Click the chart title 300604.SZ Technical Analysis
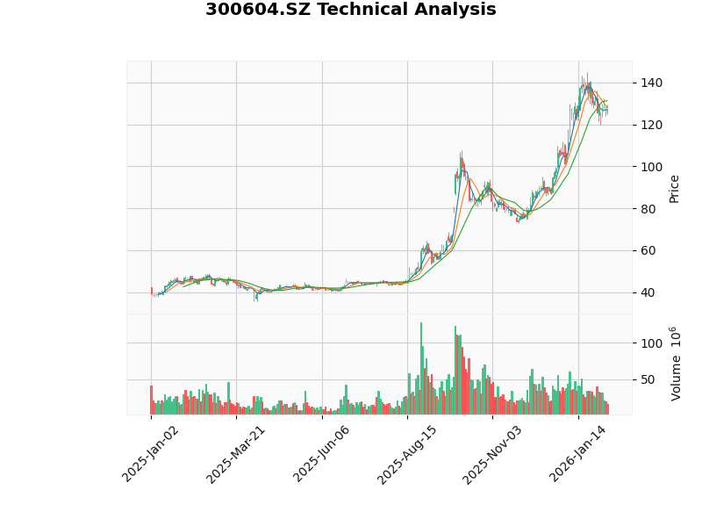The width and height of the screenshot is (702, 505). pyautogui.click(x=350, y=11)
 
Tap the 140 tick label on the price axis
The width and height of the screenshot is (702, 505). pyautogui.click(x=651, y=83)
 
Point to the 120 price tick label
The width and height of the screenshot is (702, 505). pyautogui.click(x=651, y=125)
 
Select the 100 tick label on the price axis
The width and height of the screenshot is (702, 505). pyautogui.click(x=651, y=167)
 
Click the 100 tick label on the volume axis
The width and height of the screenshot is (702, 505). pyautogui.click(x=651, y=343)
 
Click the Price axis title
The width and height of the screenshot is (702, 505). pyautogui.click(x=674, y=188)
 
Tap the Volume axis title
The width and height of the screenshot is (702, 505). pyautogui.click(x=675, y=364)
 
